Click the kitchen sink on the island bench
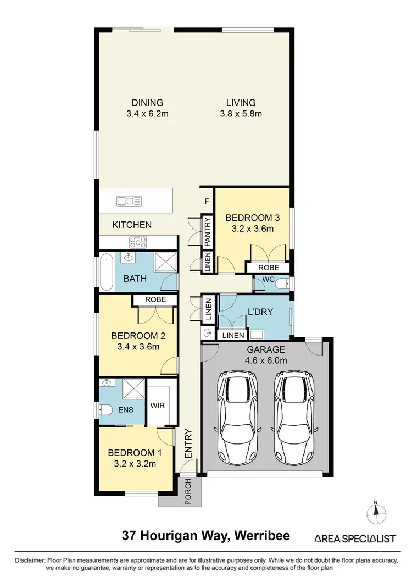click(x=130, y=201)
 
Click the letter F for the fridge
click(x=207, y=201)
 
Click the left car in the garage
click(x=238, y=416)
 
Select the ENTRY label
click(x=188, y=444)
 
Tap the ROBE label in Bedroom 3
click(x=269, y=268)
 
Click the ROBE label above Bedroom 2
click(x=155, y=299)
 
